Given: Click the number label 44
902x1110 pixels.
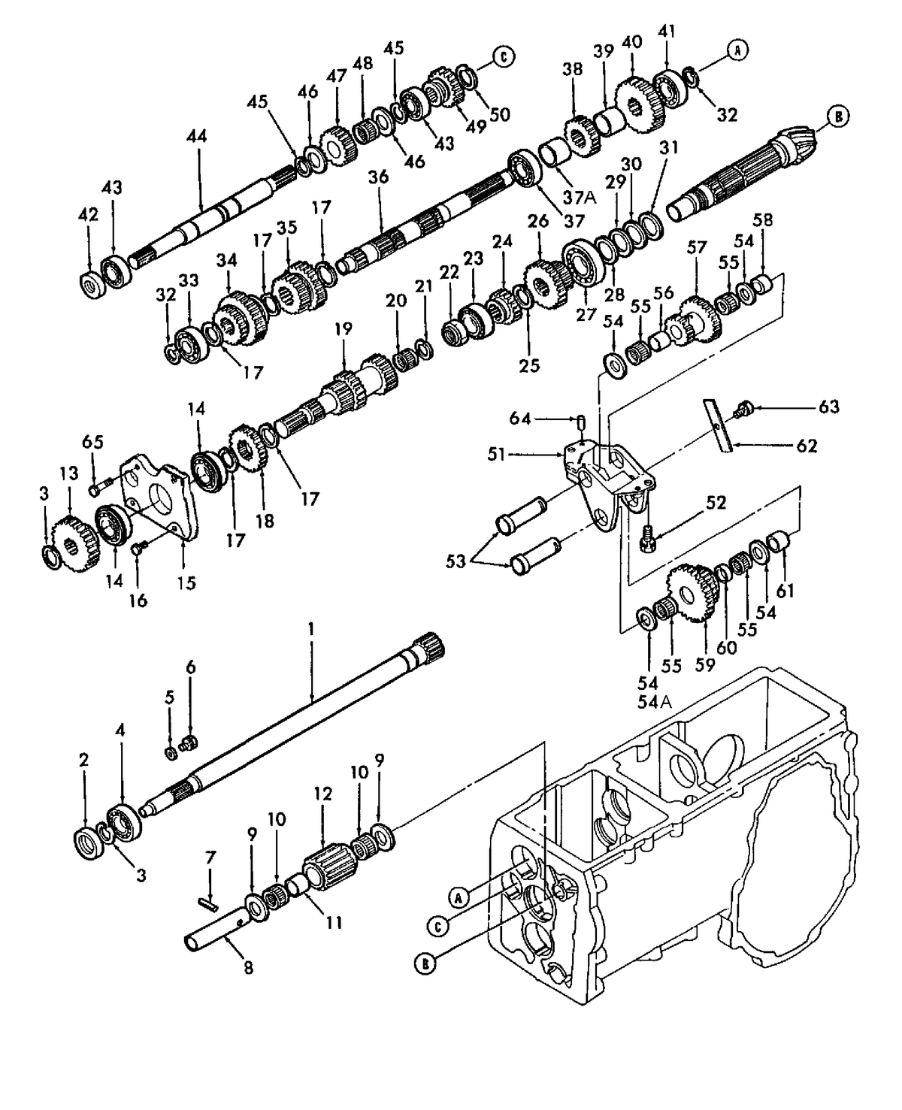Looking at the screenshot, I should pos(198,137).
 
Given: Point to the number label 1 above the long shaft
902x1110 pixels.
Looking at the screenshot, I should pos(312,627).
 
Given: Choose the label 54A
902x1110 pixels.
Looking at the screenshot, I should pos(648,702).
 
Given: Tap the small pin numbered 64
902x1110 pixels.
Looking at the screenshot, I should pos(583,419).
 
